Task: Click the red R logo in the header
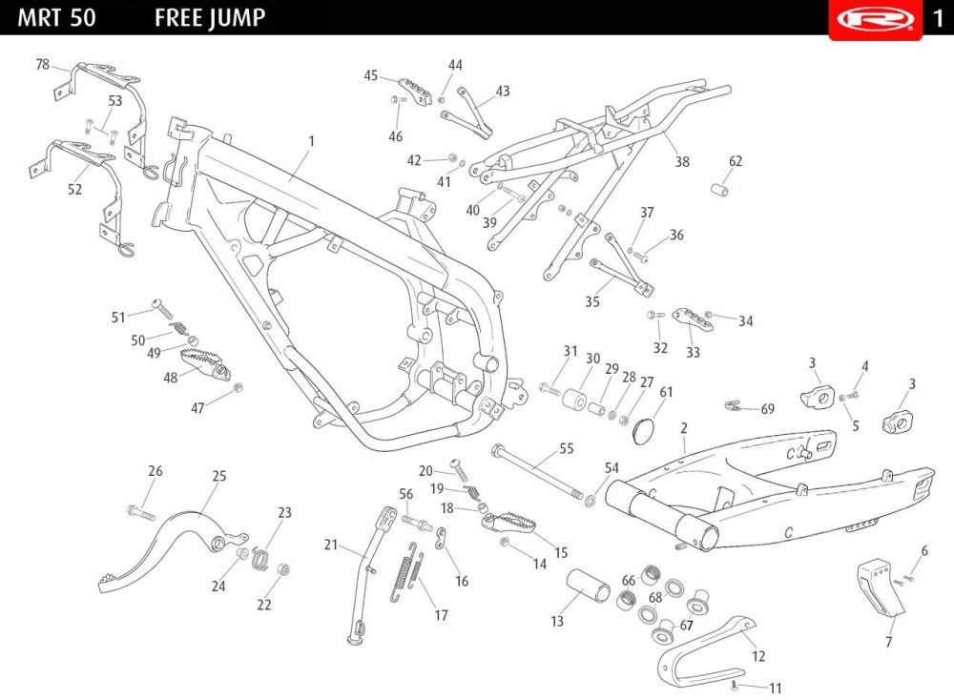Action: tap(875, 18)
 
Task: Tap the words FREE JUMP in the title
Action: tap(210, 17)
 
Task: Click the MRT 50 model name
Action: tap(56, 17)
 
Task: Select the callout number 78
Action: tap(42, 65)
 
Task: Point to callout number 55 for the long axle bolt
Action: tap(567, 447)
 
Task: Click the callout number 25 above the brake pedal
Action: tap(219, 475)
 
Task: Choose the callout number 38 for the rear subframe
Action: tap(682, 162)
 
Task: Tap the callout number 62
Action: tap(736, 161)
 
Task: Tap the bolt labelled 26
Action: tap(139, 512)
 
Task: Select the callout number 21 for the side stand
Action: tap(331, 545)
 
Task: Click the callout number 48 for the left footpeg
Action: tap(171, 378)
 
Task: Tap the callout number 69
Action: tap(767, 409)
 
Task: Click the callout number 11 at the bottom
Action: tap(776, 688)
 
